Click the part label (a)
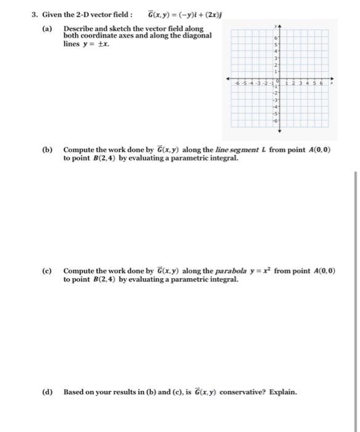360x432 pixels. click(47, 29)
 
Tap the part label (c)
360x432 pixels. click(47, 271)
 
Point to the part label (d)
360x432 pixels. click(47, 391)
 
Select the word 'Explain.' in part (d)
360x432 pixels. click(283, 391)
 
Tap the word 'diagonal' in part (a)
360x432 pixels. click(194, 36)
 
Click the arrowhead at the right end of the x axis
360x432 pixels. click(334, 79)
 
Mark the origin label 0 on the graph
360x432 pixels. click(277, 81)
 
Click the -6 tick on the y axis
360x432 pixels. click(277, 121)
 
